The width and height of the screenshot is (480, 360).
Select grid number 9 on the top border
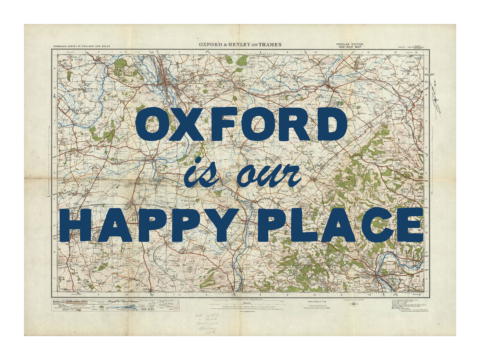[x=288, y=52]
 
